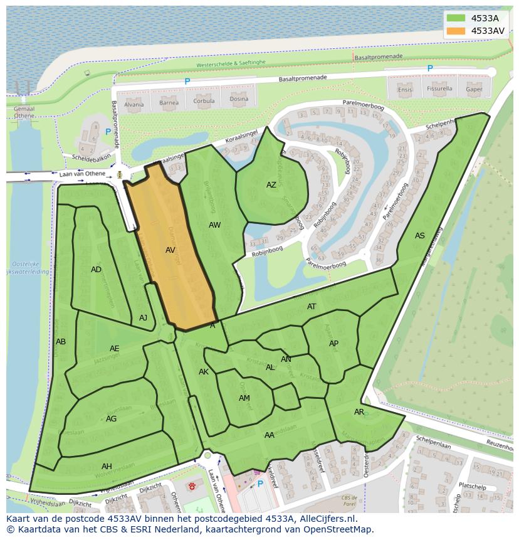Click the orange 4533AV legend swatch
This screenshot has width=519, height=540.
click(x=456, y=30)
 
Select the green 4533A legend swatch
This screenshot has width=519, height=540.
click(x=456, y=18)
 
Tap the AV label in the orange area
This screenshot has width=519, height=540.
click(x=170, y=250)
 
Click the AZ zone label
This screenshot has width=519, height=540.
click(x=271, y=185)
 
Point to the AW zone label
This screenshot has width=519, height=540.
click(x=215, y=225)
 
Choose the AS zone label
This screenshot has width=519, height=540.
click(x=420, y=236)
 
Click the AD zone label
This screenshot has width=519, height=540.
click(x=96, y=270)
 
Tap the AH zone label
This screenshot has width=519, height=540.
click(x=107, y=466)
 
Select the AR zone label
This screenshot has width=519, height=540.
click(x=359, y=412)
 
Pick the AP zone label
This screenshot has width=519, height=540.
click(x=333, y=343)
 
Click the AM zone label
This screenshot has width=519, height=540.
click(x=244, y=398)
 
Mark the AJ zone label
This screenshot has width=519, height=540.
click(x=143, y=318)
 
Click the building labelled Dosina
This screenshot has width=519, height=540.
click(x=238, y=99)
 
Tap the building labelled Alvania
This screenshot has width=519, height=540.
click(x=134, y=104)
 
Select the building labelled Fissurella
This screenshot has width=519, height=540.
click(x=439, y=88)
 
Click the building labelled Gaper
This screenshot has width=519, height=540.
click(x=474, y=88)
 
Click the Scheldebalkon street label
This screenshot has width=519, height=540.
click(x=91, y=157)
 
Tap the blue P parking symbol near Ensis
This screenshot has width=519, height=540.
click(x=430, y=68)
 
